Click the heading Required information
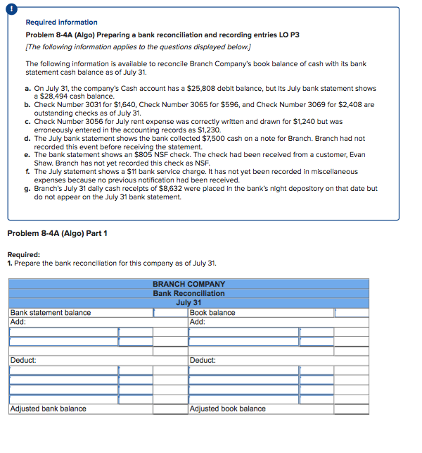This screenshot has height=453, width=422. point(61,23)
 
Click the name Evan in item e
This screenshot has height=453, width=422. point(357,155)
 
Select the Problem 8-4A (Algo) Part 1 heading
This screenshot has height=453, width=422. point(58,234)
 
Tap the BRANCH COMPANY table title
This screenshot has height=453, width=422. point(188,285)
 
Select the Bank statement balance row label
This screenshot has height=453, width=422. point(50,313)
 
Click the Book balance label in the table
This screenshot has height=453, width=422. point(212,313)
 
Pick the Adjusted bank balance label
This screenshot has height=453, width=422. point(48,409)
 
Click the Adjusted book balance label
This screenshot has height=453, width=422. point(228,409)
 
